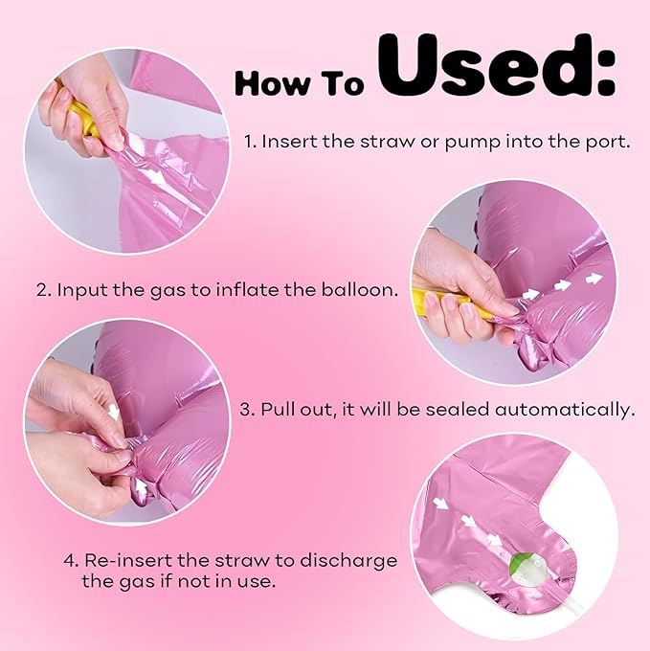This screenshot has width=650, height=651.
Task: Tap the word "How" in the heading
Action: (272, 83)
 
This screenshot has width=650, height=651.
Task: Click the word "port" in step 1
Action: (606, 143)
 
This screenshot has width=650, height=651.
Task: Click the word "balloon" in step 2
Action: (359, 289)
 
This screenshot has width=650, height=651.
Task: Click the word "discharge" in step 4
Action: (348, 561)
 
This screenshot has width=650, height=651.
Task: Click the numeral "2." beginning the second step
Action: (44, 290)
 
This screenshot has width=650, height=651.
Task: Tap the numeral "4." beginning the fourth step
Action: (72, 560)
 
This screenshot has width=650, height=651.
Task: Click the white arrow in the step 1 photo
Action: (157, 179)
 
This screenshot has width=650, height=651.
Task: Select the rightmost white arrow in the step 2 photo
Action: (594, 279)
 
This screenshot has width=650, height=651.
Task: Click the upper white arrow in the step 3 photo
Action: (113, 411)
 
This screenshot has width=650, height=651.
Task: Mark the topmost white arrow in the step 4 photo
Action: (440, 505)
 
